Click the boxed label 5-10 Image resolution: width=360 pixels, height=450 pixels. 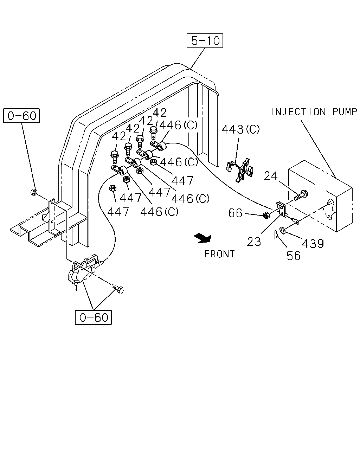(x=205, y=40)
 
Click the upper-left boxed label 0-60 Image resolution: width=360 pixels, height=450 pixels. (x=21, y=116)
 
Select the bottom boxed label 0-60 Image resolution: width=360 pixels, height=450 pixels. (x=93, y=317)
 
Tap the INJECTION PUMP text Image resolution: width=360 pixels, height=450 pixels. (x=314, y=112)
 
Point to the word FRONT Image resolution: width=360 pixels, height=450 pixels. (x=219, y=254)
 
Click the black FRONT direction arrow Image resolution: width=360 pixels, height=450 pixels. (x=203, y=238)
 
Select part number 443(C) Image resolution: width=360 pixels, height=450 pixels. (x=240, y=129)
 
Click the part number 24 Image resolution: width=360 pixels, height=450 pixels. (x=271, y=176)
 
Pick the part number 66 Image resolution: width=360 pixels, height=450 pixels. (x=235, y=213)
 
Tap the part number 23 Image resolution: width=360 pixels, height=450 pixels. (x=254, y=242)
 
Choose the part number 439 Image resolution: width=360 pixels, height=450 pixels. (x=313, y=243)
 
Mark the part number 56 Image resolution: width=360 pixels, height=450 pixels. (x=294, y=256)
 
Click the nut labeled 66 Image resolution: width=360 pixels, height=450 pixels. (x=266, y=215)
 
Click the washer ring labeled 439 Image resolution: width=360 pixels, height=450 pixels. (x=282, y=230)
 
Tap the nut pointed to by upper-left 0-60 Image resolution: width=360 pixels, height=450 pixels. (x=34, y=192)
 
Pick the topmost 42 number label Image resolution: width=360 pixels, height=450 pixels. (x=159, y=113)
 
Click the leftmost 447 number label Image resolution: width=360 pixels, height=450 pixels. (x=118, y=212)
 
